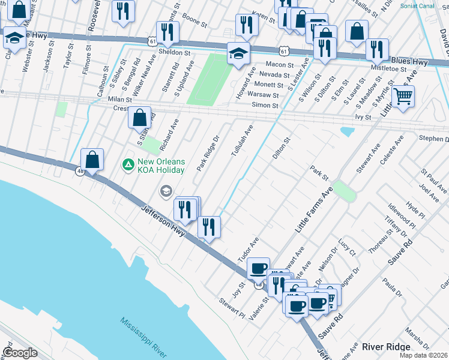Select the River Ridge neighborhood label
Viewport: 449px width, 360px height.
click(386, 347)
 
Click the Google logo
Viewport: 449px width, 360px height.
click(20, 353)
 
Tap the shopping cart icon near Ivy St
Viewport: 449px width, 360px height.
click(403, 96)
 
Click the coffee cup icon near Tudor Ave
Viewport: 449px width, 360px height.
click(258, 269)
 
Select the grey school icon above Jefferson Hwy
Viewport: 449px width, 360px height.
click(165, 191)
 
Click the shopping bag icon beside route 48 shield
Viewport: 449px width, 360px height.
click(92, 160)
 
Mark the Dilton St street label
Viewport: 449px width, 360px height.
click(281, 148)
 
